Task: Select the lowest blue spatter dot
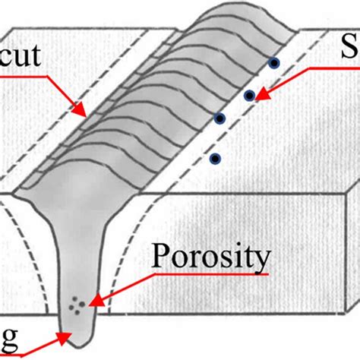[x=215, y=159]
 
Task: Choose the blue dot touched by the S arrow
[x=249, y=96]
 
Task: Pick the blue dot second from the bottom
[x=220, y=118]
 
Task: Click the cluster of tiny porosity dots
[x=76, y=305]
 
